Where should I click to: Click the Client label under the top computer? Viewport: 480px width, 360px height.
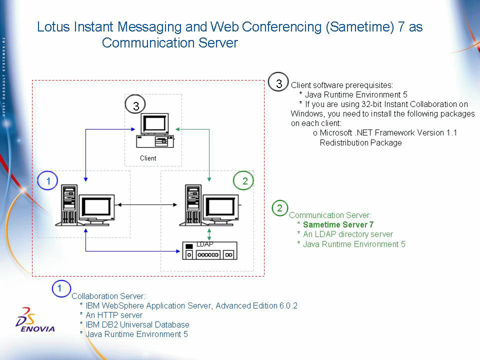pos(148,158)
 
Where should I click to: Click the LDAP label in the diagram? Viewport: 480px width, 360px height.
pos(204,244)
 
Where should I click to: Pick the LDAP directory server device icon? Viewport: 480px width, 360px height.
pos(209,251)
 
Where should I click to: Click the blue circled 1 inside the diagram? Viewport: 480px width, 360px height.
pos(48,182)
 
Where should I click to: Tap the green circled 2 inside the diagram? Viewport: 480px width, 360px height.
pos(244,181)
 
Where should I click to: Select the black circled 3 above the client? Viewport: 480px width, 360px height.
pos(135,105)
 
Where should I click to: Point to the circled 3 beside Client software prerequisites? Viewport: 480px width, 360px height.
pos(279,82)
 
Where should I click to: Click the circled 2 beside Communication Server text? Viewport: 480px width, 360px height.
pos(279,207)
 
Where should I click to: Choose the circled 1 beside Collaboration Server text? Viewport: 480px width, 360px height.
pos(60,288)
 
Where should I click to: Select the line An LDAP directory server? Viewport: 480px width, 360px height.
pos(348,234)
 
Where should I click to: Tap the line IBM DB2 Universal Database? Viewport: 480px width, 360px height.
pos(137,324)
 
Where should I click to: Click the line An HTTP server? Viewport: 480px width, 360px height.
pos(114,315)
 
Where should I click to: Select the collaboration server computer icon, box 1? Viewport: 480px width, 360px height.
pos(88,205)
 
